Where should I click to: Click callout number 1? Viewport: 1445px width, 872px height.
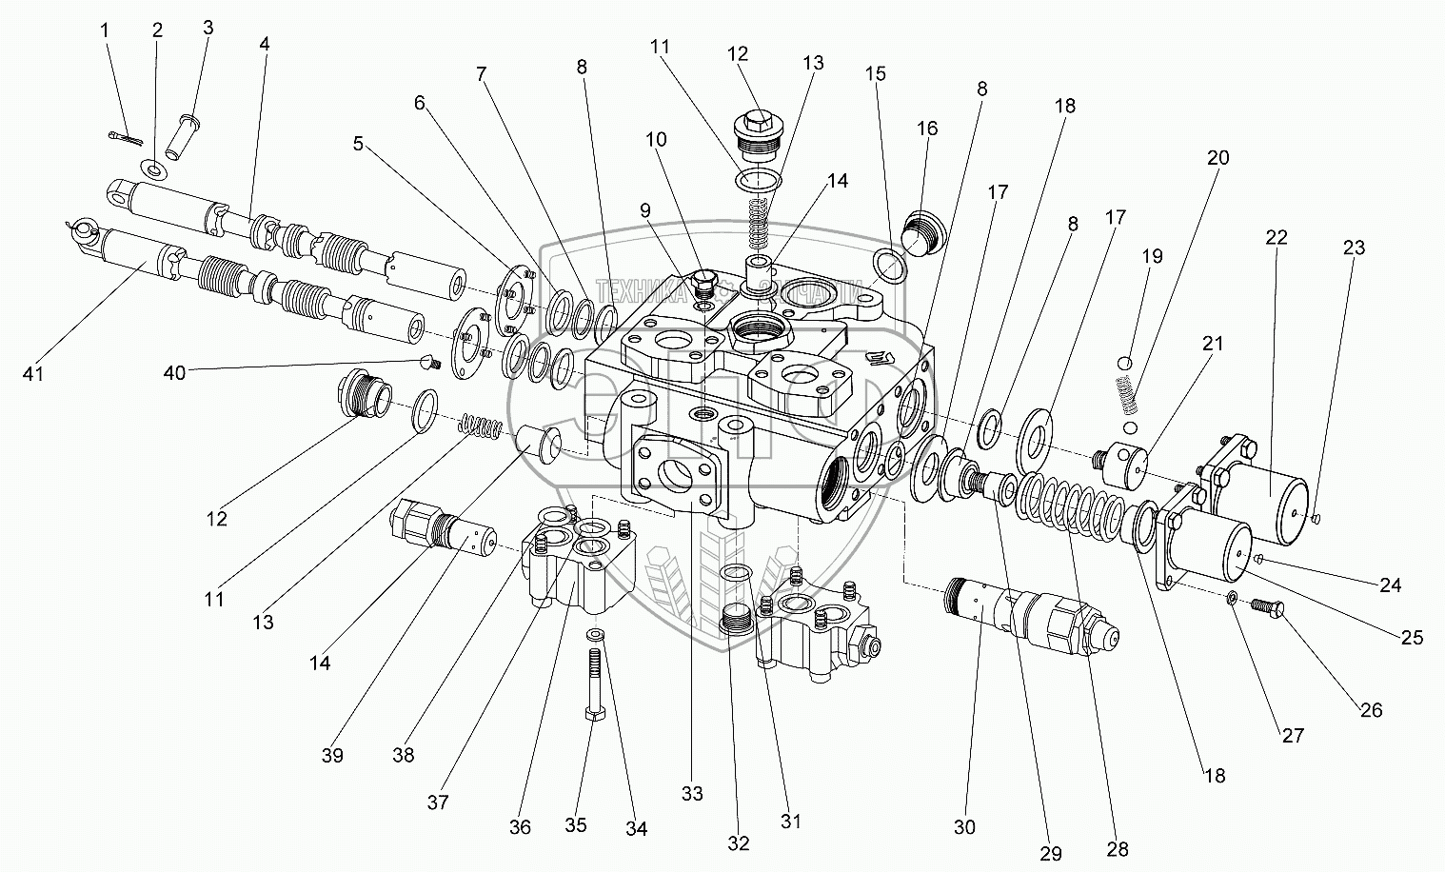[106, 30]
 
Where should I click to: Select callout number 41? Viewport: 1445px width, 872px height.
[33, 374]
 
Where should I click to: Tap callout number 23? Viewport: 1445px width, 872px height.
[1354, 248]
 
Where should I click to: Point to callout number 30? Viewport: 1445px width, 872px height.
[964, 827]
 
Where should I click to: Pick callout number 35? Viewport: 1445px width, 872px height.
[576, 824]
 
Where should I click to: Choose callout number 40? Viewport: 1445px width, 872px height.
[174, 374]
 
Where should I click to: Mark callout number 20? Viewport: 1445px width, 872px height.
[1218, 158]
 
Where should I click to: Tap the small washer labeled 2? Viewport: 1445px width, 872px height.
[153, 169]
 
